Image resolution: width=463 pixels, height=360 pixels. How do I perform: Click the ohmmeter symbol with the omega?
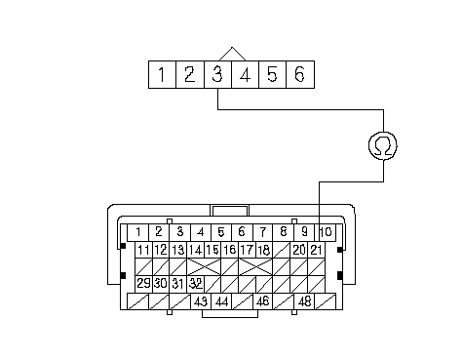click(x=383, y=145)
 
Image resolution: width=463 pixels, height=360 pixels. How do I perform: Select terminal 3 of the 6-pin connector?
click(x=217, y=74)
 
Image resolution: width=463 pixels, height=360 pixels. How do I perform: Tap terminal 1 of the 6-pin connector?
click(x=162, y=74)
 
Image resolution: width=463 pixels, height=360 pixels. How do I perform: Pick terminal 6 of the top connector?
click(x=300, y=74)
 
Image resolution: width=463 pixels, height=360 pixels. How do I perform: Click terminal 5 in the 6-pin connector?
click(x=272, y=74)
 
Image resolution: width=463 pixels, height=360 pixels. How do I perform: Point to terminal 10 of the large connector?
click(x=326, y=232)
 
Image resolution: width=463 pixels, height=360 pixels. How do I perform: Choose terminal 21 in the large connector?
click(x=316, y=250)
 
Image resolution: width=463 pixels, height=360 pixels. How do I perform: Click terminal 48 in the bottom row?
click(x=304, y=301)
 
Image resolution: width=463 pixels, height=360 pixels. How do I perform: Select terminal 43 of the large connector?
click(x=201, y=301)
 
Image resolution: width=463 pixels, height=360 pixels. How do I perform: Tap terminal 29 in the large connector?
click(x=143, y=284)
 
